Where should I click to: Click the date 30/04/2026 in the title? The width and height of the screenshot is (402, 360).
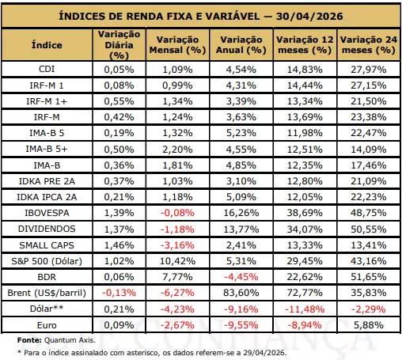pos(309,17)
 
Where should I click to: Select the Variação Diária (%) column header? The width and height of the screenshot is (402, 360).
pos(119,45)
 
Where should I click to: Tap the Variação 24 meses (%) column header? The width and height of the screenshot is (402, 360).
pos(369,45)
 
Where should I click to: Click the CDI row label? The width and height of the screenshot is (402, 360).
pos(47,69)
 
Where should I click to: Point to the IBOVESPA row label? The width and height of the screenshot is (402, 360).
pos(47,213)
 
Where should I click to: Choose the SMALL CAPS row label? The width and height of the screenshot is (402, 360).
pos(47,245)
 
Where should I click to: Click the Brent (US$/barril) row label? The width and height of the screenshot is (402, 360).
pos(47,293)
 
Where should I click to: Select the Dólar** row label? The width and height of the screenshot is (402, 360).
pos(47,309)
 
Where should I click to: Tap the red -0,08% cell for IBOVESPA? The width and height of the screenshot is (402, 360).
pos(177,213)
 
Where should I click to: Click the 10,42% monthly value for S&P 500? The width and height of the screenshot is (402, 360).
pos(177,261)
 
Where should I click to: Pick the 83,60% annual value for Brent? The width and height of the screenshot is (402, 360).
pos(241,293)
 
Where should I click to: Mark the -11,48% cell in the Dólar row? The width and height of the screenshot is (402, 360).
pos(305,309)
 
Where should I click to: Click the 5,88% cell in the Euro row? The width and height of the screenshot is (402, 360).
pos(369,325)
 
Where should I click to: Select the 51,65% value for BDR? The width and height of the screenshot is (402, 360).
pos(369,277)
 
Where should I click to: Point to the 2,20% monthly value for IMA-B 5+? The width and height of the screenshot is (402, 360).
pos(177,150)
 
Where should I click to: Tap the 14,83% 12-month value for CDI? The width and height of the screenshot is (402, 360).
pos(305,70)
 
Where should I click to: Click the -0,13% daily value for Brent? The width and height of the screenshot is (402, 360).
pos(119,293)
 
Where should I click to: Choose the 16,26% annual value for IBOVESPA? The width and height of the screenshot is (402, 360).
pos(241,213)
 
